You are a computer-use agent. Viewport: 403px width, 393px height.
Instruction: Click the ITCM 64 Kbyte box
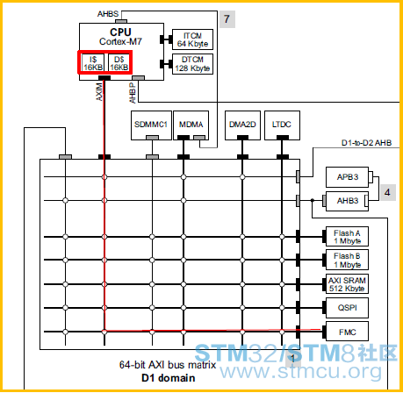(192, 39)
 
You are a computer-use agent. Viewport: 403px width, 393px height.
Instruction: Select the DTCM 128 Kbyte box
(192, 64)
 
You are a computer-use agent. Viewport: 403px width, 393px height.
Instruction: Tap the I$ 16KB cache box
(93, 62)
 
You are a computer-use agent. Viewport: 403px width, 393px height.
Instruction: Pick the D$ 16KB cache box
(119, 62)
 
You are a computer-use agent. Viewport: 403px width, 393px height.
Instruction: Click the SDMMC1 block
(151, 125)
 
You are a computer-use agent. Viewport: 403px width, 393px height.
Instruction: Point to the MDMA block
(191, 125)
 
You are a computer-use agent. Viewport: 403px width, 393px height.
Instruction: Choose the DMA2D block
(242, 125)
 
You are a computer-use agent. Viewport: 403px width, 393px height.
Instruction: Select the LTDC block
(282, 125)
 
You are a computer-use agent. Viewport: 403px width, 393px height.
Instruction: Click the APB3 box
(347, 177)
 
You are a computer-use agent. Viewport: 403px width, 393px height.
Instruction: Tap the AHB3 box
(347, 201)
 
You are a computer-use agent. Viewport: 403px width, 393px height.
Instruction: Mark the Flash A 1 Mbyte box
(347, 237)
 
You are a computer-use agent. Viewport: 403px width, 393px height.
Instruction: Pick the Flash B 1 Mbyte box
(347, 260)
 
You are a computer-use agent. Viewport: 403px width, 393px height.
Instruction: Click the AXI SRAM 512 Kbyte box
(347, 284)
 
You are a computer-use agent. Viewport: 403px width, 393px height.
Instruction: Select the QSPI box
(347, 308)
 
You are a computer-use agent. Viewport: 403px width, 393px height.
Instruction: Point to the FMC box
(347, 332)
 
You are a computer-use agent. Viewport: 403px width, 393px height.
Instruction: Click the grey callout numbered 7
(227, 19)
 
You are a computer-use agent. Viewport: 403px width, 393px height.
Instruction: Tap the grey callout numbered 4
(388, 192)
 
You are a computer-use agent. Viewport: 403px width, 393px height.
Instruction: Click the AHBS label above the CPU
(108, 14)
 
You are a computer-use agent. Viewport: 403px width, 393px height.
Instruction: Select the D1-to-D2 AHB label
(366, 143)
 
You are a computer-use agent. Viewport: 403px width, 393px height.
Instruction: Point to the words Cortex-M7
(120, 41)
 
